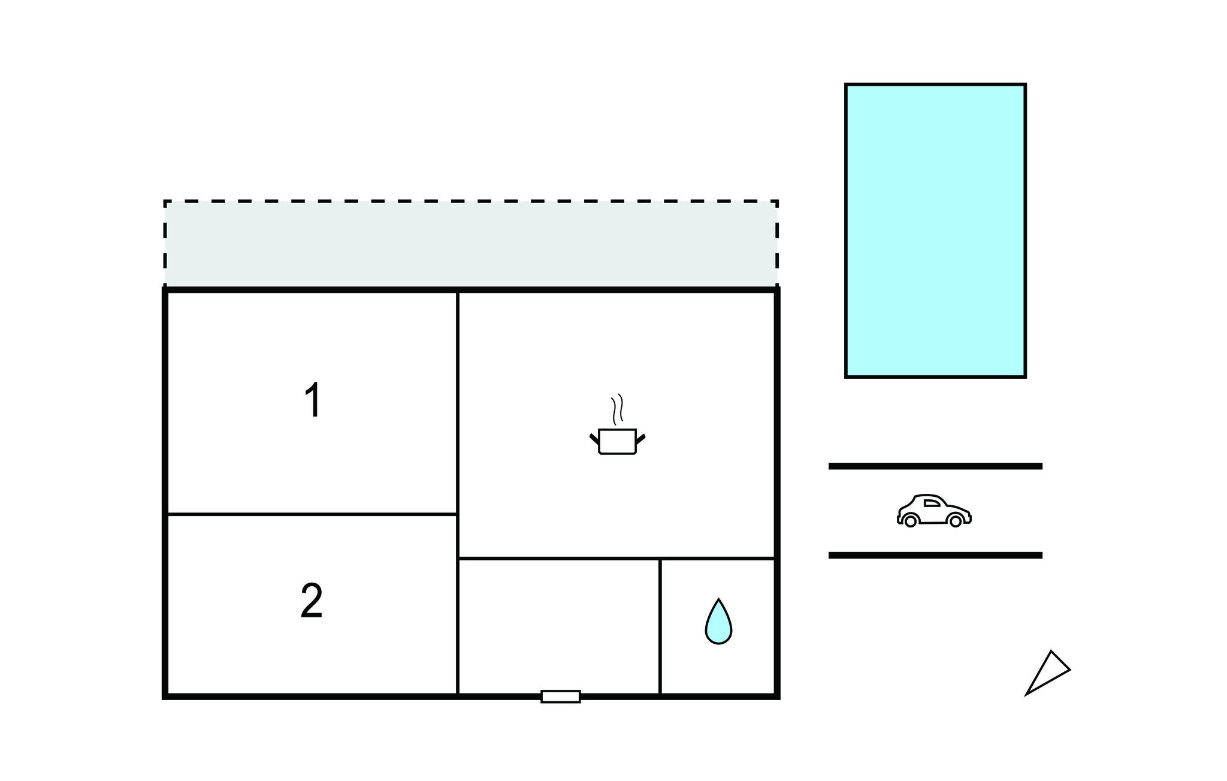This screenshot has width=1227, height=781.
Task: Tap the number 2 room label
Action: coord(312,601)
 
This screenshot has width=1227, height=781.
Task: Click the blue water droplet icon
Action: coord(718,622)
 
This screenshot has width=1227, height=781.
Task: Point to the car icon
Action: coord(934,511)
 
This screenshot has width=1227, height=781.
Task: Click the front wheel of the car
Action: coord(956,521)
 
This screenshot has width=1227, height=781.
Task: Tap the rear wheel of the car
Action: coord(911,521)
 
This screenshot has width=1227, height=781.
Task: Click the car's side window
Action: coord(932,503)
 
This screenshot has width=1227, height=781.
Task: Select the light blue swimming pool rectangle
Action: coord(935,231)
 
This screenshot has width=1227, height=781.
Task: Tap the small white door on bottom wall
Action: coord(561,696)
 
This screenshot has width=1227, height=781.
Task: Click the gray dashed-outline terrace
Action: coord(471,244)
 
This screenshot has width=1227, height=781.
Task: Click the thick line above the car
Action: coord(935,466)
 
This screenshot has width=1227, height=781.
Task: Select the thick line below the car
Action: coord(935,556)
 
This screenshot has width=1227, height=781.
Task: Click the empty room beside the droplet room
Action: coord(559,626)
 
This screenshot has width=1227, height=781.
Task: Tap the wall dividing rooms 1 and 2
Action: coord(312,514)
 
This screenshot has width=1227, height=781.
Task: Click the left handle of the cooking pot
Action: coord(594,439)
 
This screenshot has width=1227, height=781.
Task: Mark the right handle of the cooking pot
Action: coord(640,439)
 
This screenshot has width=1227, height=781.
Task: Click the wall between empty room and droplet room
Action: coord(660,626)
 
